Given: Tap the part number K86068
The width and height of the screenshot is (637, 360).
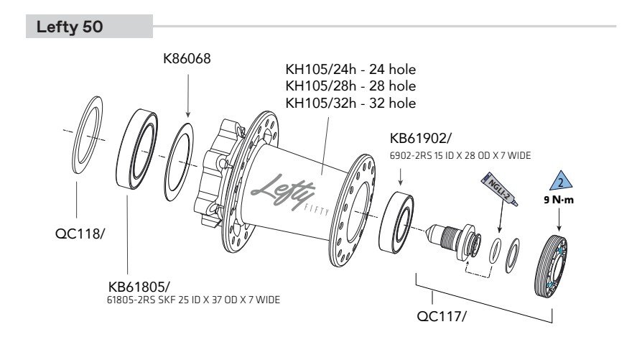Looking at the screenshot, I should (187, 60).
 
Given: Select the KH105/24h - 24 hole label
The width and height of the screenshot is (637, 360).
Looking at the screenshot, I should (350, 70).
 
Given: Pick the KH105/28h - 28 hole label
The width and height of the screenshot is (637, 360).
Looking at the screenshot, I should (350, 86).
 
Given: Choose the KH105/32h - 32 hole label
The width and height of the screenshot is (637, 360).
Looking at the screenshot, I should (350, 103).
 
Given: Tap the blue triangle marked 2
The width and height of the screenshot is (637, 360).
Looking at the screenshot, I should (562, 181).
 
